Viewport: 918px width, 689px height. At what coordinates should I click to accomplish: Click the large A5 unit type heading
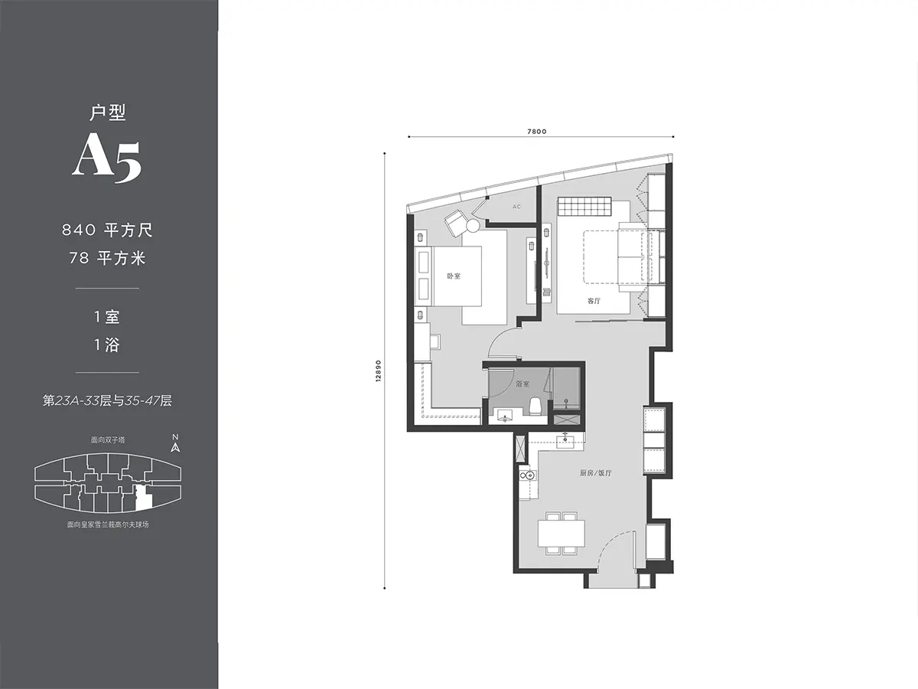coord(107,160)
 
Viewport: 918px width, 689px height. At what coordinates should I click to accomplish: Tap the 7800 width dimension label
coord(536,132)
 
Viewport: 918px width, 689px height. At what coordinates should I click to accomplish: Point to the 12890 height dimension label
coord(379,371)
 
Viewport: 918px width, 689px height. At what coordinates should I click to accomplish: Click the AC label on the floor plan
coord(516,207)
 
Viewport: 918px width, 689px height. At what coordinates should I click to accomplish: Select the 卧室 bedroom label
coord(454,276)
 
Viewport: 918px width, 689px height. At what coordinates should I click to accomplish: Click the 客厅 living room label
coord(594,301)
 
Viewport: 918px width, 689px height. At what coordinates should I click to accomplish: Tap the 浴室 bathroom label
coord(522,384)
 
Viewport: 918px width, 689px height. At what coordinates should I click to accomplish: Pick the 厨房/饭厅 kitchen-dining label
coord(595,473)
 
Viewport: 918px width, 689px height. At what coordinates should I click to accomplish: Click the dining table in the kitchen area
coord(562,533)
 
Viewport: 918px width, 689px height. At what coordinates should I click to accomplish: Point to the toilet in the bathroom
coord(535,407)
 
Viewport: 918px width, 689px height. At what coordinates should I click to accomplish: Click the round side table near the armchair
coord(473,226)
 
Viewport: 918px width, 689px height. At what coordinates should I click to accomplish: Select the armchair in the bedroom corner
coord(455,222)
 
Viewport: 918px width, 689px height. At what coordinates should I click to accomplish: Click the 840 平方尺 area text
coord(108,230)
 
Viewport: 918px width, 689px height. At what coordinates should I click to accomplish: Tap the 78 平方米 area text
coord(108,258)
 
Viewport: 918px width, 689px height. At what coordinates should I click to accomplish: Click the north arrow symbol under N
coord(175,447)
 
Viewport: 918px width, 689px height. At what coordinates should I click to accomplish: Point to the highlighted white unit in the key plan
coord(142,498)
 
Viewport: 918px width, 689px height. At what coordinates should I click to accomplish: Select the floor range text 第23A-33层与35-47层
coord(108,400)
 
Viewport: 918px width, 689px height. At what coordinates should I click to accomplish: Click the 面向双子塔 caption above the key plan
coord(108,439)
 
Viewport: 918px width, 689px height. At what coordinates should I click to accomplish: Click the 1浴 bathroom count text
coord(107,345)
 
